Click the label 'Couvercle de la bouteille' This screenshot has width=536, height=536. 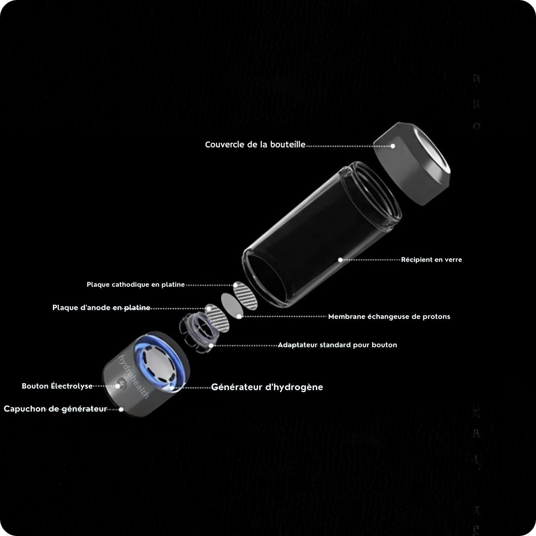point(255,145)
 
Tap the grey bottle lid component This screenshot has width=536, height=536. point(412,165)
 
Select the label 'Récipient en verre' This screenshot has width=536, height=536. point(431,260)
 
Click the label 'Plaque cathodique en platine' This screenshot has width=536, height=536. point(136,285)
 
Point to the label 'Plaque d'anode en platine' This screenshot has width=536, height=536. point(101,308)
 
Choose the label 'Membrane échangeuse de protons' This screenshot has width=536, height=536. point(389,317)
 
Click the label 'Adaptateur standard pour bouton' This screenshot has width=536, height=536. point(337,345)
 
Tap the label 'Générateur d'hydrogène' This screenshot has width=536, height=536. point(267,387)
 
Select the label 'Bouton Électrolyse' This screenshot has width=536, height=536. point(57,386)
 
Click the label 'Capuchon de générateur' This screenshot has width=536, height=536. point(55,409)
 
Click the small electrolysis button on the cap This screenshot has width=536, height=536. point(121,382)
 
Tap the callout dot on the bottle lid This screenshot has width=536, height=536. point(392,146)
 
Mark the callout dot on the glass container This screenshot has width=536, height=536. point(340,260)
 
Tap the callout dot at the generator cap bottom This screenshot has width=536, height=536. point(121,409)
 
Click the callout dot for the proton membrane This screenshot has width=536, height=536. point(239,317)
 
